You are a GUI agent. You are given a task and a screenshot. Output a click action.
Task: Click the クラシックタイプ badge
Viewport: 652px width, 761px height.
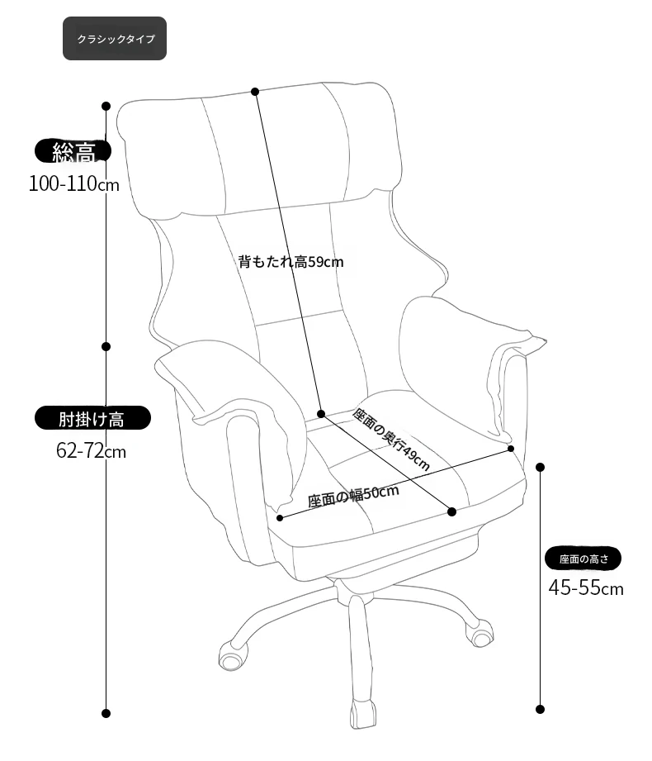115,38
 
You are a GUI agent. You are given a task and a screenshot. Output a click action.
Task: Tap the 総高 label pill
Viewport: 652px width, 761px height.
73,151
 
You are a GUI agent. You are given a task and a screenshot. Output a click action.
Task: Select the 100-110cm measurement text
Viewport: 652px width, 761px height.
73,184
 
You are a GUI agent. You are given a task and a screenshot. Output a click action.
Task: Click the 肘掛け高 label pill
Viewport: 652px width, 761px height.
92,418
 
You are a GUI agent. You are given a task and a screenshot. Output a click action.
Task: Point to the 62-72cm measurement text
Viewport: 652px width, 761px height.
91,451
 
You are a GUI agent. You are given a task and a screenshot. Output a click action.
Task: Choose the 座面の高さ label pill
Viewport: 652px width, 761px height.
583,559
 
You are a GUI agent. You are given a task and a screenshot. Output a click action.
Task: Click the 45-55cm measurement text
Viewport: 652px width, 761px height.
586,587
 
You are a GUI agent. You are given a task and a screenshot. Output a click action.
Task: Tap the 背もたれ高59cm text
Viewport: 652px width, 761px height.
291,262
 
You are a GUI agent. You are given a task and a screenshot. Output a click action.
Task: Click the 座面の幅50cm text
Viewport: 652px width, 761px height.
353,496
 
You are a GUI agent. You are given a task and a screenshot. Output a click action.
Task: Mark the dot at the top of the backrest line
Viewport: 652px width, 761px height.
255,91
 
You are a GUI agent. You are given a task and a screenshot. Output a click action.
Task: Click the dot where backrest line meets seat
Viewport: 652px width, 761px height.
321,413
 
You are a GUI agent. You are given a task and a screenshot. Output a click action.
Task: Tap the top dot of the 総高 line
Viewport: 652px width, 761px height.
106,106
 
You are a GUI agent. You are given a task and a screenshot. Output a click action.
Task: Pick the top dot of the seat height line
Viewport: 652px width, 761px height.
541,467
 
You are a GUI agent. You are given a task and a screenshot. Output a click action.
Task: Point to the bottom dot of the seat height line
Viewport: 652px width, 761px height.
541,709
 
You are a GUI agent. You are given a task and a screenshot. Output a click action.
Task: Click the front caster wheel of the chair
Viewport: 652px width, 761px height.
362,713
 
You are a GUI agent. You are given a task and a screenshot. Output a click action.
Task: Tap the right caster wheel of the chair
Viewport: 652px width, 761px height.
480,633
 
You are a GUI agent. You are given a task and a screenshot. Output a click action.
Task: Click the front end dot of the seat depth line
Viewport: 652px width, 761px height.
451,511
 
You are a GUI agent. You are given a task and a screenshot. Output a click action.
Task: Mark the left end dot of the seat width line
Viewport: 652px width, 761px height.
280,518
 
